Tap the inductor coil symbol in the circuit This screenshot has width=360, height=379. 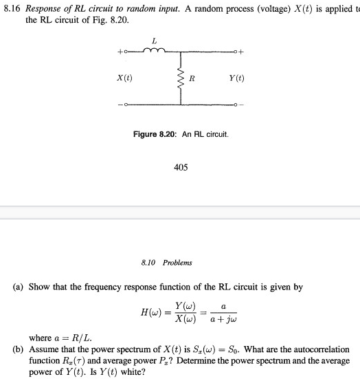(155, 50)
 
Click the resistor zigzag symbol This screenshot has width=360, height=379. (182, 78)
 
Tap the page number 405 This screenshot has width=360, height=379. (181, 166)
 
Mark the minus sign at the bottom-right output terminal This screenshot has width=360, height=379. (241, 105)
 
